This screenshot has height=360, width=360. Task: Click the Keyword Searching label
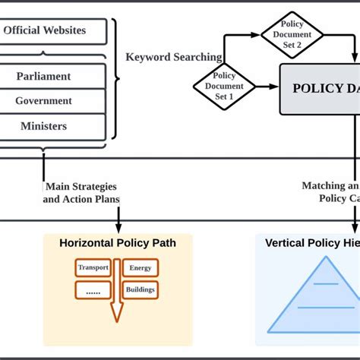click(x=174, y=57)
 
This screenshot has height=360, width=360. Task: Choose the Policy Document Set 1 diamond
click(x=224, y=86)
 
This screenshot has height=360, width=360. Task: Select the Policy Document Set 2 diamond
click(x=292, y=34)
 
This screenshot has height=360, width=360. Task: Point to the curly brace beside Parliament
click(x=116, y=76)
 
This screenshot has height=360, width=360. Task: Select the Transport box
click(x=93, y=267)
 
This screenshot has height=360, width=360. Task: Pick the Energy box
click(x=141, y=267)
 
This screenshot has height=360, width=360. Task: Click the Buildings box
click(x=141, y=289)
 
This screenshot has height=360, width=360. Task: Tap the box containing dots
click(x=93, y=290)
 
